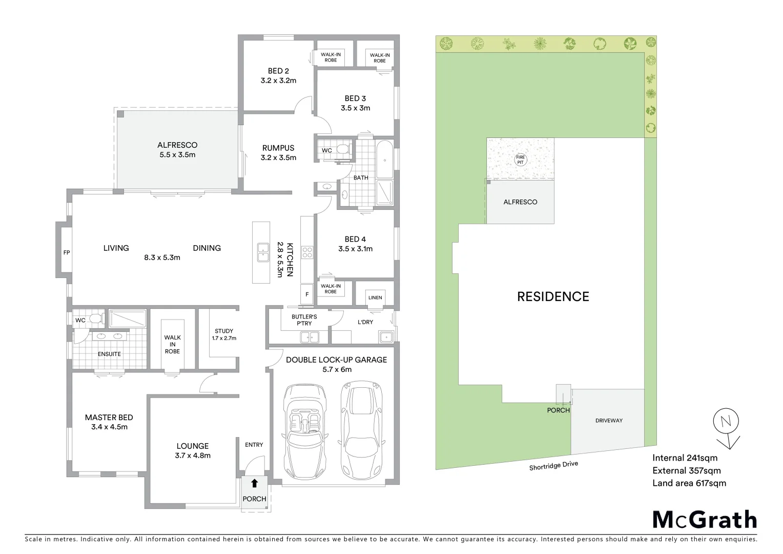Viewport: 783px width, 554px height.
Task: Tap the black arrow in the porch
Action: [254, 483]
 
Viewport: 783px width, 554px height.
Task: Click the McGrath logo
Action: [705, 519]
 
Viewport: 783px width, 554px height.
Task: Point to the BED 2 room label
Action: [278, 71]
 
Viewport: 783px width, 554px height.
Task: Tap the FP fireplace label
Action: [67, 252]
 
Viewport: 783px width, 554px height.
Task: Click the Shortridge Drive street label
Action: [553, 465]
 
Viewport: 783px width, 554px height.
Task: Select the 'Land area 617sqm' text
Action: [689, 483]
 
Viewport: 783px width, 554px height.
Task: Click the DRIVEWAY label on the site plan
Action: [609, 421]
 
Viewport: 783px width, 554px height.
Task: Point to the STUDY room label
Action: [224, 331]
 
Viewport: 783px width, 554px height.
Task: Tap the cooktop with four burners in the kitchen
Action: [308, 252]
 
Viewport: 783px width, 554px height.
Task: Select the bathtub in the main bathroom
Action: [385, 159]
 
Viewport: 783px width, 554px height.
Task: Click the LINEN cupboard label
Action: [375, 298]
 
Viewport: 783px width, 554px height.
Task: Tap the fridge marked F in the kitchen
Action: [307, 294]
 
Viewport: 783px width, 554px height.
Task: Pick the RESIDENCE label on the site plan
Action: [553, 296]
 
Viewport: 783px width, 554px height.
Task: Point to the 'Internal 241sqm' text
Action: [685, 458]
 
